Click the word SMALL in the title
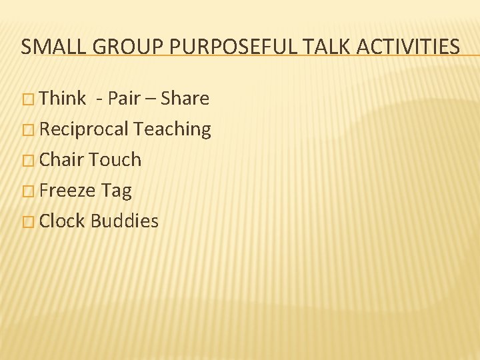48,47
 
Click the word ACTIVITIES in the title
409,47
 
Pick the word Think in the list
63,99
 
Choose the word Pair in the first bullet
123,99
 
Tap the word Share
185,99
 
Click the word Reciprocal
84,129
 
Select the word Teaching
173,130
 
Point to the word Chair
62,160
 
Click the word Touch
115,160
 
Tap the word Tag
117,191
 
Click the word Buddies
125,221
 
